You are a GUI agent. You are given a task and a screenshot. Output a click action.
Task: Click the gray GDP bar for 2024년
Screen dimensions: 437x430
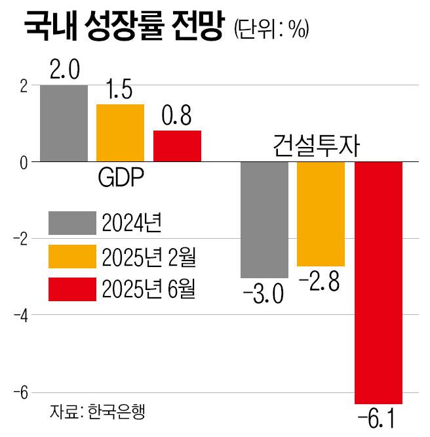(x=64, y=123)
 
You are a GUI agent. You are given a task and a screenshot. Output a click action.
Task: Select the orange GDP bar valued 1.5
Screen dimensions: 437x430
(x=120, y=133)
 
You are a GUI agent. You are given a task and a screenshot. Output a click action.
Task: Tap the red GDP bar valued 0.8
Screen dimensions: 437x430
(x=177, y=146)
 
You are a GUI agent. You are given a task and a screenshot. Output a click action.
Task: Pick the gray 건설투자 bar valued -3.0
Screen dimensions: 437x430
(x=264, y=219)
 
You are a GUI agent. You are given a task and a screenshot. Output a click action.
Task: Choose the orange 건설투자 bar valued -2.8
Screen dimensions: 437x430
(x=321, y=213)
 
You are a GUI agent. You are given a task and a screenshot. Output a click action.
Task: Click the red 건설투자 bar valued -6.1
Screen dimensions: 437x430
(x=378, y=282)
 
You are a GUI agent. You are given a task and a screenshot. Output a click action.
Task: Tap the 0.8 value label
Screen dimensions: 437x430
(x=177, y=117)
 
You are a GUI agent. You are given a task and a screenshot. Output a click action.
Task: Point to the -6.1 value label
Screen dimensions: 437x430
(x=378, y=419)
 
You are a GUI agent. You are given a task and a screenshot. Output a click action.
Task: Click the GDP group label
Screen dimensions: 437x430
(x=121, y=178)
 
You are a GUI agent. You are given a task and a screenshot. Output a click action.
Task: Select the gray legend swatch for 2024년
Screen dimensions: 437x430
(x=72, y=224)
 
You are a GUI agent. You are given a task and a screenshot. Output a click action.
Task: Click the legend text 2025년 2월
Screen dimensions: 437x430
(x=149, y=257)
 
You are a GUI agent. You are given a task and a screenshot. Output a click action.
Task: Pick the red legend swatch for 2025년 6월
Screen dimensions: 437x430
(x=72, y=289)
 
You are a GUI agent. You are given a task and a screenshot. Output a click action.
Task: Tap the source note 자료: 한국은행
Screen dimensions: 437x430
(x=96, y=411)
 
